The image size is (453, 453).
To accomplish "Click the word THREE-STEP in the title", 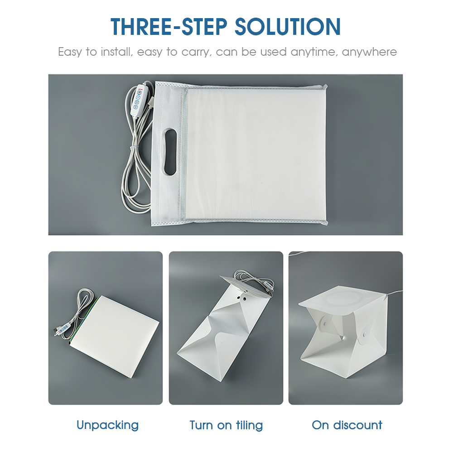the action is pyautogui.click(x=169, y=27).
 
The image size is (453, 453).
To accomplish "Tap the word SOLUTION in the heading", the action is pyautogui.click(x=288, y=27).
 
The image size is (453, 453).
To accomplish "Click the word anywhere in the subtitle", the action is pyautogui.click(x=369, y=52).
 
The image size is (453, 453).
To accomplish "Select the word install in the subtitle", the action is pyautogui.click(x=117, y=52).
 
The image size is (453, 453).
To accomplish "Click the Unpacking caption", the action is pyautogui.click(x=108, y=425).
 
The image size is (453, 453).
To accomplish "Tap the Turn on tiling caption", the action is pyautogui.click(x=226, y=425).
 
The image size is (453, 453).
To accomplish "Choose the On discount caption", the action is pyautogui.click(x=347, y=425).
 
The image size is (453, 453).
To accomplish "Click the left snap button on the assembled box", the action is pyautogui.click(x=325, y=323).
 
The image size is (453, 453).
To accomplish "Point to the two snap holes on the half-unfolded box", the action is pyautogui.click(x=242, y=298).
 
